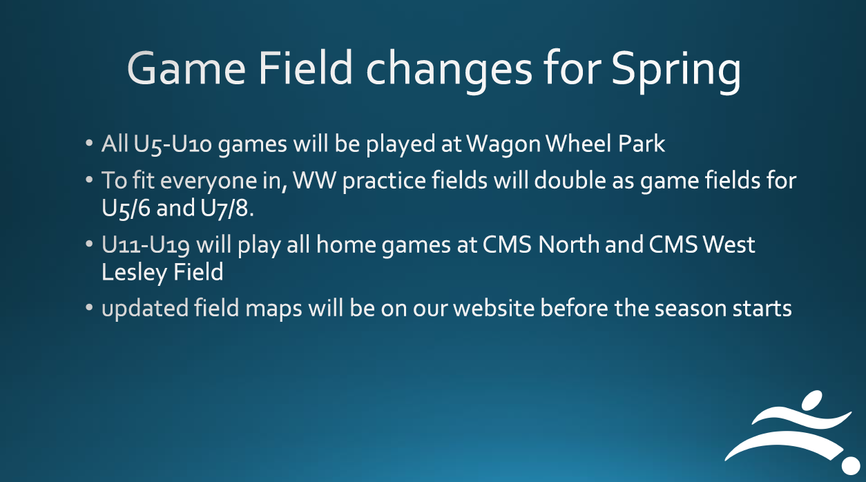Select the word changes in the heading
[x=449, y=70]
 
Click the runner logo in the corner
[x=792, y=432]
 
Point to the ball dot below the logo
[x=851, y=465]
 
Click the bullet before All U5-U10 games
[x=89, y=143]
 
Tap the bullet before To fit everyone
[x=89, y=180]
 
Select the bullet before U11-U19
[x=89, y=244]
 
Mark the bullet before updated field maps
[x=89, y=308]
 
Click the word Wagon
[x=503, y=145]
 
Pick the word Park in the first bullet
[x=642, y=144]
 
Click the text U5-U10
[x=173, y=144]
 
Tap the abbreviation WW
[x=314, y=180]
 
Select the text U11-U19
[x=145, y=245]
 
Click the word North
[x=568, y=244]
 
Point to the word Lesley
[x=134, y=273]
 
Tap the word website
[x=493, y=308]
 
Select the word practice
[x=384, y=182]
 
